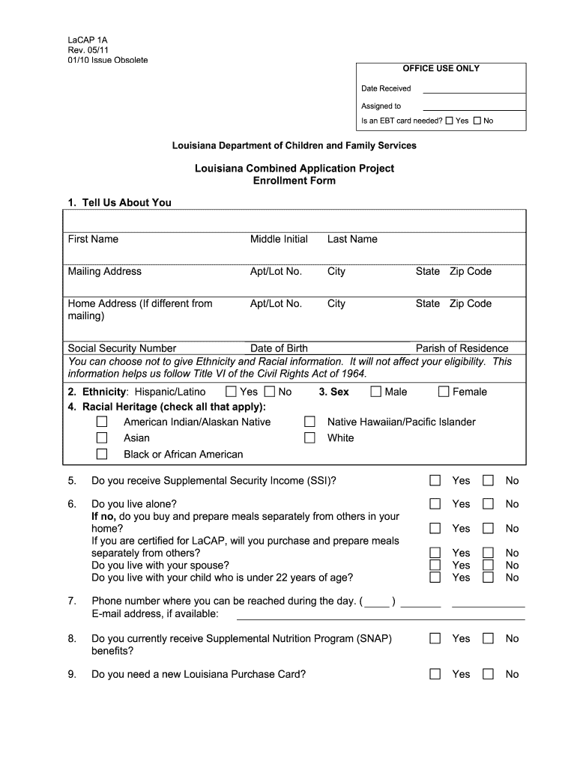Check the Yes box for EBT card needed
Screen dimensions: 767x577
[x=449, y=121]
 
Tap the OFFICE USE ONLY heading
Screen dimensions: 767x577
[x=441, y=68]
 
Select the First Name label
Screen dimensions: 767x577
[x=93, y=239]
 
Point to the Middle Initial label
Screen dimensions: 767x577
[x=279, y=239]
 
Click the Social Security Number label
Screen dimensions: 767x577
[x=122, y=348]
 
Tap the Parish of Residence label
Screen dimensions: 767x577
[x=462, y=348]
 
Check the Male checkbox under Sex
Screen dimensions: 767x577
[x=376, y=392]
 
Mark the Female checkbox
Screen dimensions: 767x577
[x=444, y=392]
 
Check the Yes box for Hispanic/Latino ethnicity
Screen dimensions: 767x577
[x=232, y=392]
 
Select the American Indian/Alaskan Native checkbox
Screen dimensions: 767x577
[x=102, y=422]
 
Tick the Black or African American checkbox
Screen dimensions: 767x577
[x=102, y=455]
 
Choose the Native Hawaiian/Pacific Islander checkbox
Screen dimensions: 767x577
[x=309, y=422]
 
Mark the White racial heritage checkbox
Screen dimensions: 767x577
[x=309, y=438]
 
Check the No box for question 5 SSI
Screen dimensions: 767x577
[x=489, y=480]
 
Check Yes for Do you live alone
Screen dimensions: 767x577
[x=435, y=504]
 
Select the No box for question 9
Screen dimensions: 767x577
[x=489, y=674]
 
